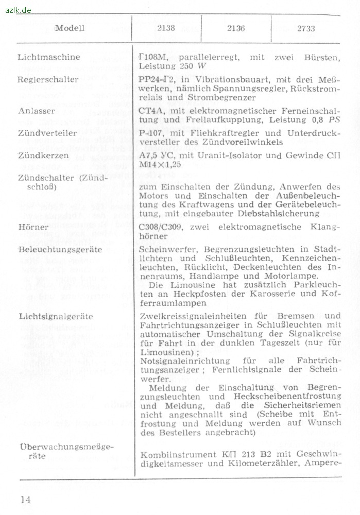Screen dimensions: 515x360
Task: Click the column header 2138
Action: pyautogui.click(x=166, y=28)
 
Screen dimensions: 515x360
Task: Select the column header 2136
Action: pyautogui.click(x=236, y=28)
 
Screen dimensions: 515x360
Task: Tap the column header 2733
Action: pyautogui.click(x=306, y=28)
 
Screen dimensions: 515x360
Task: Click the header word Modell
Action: pyautogui.click(x=70, y=28)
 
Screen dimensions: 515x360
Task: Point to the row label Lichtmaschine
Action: pyautogui.click(x=49, y=57)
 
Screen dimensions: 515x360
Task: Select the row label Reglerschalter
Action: pyautogui.click(x=48, y=80)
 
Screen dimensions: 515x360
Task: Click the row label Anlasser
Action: pyautogui.click(x=34, y=111)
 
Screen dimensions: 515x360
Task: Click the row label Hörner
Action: pyautogui.click(x=33, y=227)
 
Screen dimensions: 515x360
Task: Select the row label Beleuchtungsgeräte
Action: pyautogui.click(x=60, y=250)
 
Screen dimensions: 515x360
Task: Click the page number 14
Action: pyautogui.click(x=26, y=499)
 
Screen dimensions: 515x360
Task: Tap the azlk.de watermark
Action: pyautogui.click(x=18, y=10)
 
